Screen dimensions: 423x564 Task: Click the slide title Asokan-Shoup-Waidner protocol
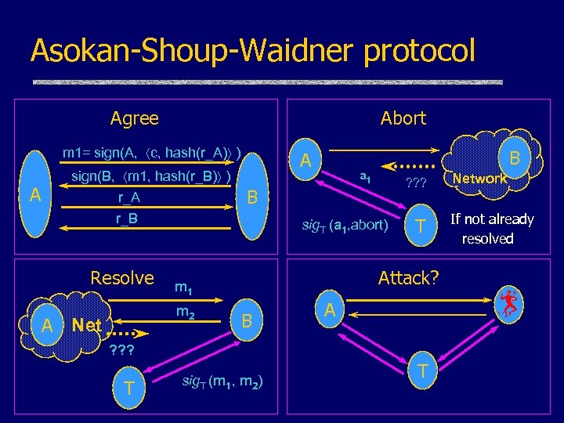coord(252,51)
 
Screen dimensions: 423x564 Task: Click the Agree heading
coord(134,118)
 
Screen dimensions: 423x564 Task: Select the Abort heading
coord(403,118)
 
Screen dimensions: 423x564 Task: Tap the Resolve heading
coord(122,278)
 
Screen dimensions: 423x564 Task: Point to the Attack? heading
coord(408,277)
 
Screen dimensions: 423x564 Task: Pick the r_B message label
coord(127,219)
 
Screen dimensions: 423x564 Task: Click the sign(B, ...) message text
coord(151,176)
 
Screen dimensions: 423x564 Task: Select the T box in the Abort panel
coord(421,226)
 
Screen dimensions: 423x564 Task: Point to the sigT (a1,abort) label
coord(345,226)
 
